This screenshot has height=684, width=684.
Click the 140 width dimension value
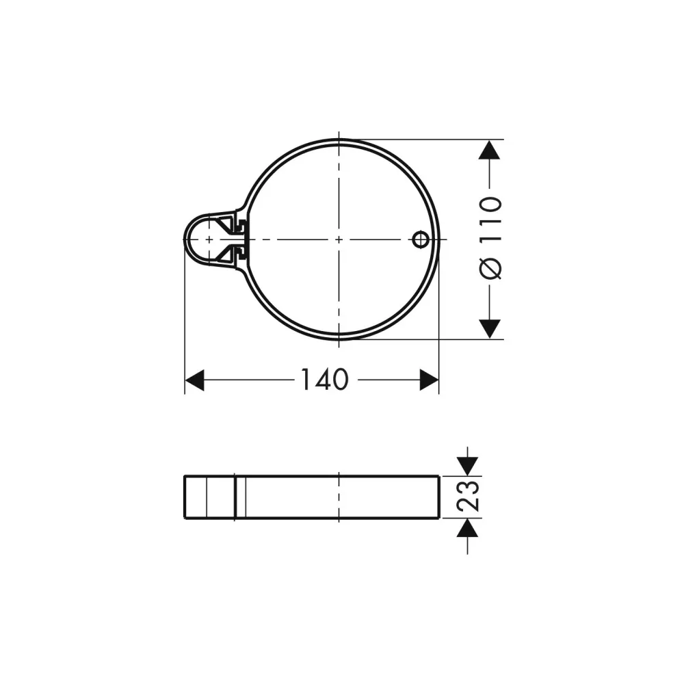[324, 380]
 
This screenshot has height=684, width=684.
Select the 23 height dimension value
[468, 497]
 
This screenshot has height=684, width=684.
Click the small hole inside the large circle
[420, 239]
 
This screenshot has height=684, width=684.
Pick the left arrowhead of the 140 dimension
[194, 380]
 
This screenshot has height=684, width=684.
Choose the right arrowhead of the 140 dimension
[429, 380]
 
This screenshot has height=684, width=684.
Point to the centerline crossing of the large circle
[339, 239]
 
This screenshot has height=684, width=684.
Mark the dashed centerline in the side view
[339, 497]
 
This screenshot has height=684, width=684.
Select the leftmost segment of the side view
[196, 497]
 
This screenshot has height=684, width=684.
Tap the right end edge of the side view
[438, 497]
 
